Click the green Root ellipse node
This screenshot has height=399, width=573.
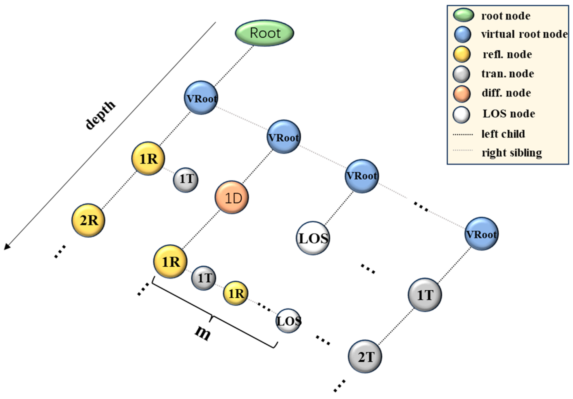pos(264,33)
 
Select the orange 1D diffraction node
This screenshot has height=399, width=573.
pos(232,198)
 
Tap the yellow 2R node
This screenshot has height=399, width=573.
pos(88,220)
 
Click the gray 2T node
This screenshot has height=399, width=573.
pos(365,357)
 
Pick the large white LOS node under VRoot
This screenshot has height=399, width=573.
pos(313,238)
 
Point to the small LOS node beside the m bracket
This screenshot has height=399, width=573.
pos(288,321)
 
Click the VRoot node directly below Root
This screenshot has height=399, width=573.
pos(201,98)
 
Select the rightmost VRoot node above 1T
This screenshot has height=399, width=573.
pos(482,234)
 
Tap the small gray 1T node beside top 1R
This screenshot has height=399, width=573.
pos(186,180)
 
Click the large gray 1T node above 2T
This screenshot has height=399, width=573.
pos(425,295)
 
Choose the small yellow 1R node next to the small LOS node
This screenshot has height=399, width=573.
pos(236,293)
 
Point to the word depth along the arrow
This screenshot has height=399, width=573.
pos(100,114)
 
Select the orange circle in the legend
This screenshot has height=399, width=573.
pos(462,94)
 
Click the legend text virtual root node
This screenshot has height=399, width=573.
pos(524,34)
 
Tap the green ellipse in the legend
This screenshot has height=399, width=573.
pos(463,15)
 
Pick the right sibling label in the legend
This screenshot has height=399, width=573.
pos(512,153)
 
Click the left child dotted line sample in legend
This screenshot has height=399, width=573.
pos(463,134)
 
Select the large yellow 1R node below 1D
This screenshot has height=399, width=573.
pos(170,261)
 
